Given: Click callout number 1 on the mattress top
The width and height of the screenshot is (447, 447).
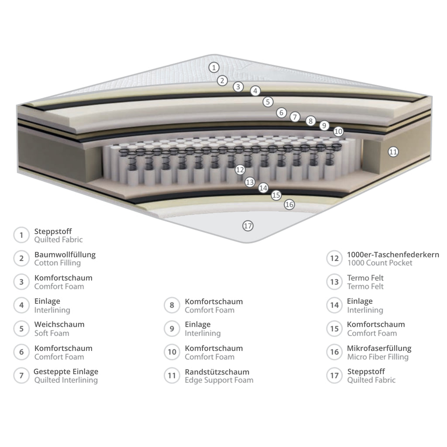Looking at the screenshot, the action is click(214, 68).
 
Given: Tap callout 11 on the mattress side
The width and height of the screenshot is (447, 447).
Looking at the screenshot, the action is click(393, 151).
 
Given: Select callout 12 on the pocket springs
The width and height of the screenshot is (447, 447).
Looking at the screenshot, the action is click(240, 170).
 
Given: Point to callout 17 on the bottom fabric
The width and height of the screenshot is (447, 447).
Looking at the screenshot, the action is click(248, 226).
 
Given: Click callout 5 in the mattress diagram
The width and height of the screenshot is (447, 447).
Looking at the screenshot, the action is click(268, 102).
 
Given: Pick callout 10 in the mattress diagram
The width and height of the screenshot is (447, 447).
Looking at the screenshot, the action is click(338, 131).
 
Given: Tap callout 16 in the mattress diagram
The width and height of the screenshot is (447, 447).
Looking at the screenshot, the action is click(289, 204).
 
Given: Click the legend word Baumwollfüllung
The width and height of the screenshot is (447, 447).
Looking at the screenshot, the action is click(65, 254).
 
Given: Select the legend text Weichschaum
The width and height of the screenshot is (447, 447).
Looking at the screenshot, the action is click(59, 324).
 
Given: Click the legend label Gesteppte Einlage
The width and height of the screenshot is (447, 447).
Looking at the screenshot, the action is click(66, 372).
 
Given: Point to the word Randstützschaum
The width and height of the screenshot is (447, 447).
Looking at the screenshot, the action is click(217, 372).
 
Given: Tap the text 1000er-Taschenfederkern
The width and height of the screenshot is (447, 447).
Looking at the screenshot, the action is click(393, 254).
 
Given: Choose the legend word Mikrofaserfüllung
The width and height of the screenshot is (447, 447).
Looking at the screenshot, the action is click(379, 348).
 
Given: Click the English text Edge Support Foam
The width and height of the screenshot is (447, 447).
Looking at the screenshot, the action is click(219, 380).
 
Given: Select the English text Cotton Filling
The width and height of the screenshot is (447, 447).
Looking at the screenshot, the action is click(58, 263).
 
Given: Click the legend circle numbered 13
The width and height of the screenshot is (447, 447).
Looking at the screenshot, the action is click(334, 282).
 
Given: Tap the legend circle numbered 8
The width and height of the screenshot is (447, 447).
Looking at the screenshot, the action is click(172, 305).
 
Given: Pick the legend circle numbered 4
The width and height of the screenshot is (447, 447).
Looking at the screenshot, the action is click(21, 305).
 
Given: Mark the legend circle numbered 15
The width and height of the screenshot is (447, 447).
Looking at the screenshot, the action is click(334, 329).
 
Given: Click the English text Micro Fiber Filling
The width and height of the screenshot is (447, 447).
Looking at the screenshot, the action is click(378, 357).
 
